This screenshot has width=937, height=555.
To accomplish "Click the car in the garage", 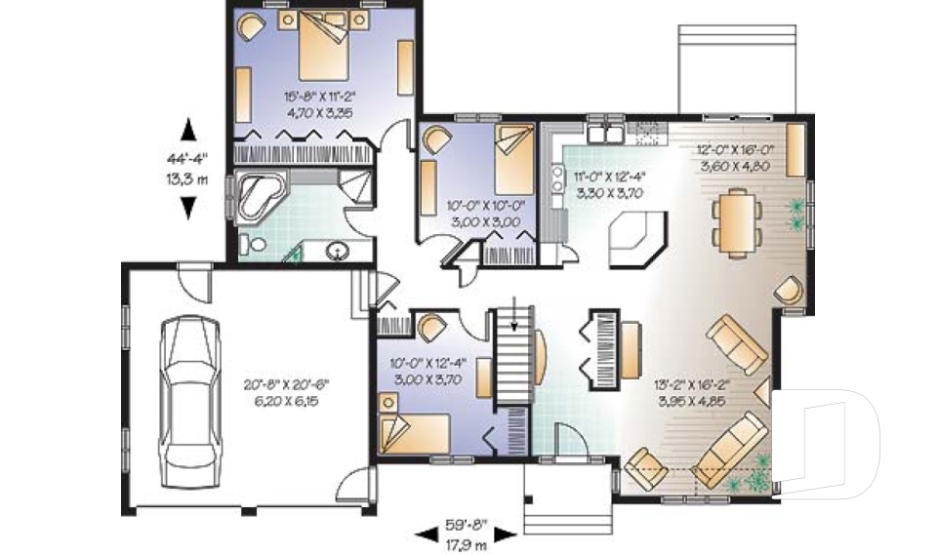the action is (188, 402).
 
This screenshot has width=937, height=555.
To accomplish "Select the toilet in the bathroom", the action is (252, 244).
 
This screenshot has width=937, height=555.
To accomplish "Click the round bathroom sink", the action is (338, 251).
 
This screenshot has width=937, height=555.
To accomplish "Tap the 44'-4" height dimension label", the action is (187, 159).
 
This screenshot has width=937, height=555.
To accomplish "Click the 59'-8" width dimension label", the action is (467, 526).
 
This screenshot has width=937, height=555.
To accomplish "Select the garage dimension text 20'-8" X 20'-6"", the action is (286, 384).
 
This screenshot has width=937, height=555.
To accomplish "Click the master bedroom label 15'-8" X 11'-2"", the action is (319, 96).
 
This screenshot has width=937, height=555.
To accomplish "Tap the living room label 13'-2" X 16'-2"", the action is (693, 384).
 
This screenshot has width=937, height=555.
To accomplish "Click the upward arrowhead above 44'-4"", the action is (188, 131).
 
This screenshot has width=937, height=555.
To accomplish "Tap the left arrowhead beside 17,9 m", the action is (427, 535).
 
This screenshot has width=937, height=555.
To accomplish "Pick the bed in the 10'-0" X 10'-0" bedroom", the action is (514, 159).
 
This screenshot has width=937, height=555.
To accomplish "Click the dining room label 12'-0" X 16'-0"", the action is (735, 150).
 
